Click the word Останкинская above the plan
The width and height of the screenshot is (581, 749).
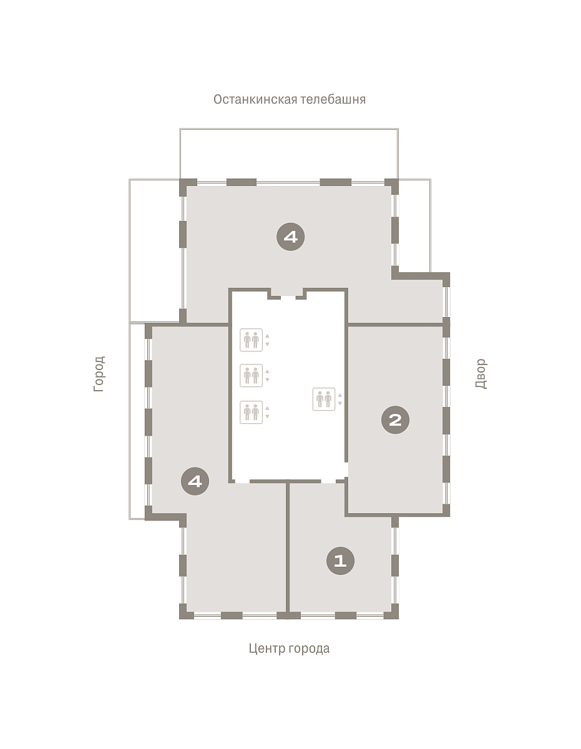click(x=255, y=99)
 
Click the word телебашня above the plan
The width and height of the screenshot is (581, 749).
click(x=333, y=99)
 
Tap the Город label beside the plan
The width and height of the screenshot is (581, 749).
click(x=99, y=374)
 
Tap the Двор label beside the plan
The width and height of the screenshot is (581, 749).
click(x=481, y=374)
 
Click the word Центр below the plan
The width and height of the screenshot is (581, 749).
click(x=267, y=649)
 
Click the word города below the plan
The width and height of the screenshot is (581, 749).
click(x=309, y=649)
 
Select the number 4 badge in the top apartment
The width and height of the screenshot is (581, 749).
click(x=291, y=237)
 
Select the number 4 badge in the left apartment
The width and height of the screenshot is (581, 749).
click(x=195, y=481)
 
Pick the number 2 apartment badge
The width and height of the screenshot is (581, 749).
click(x=395, y=420)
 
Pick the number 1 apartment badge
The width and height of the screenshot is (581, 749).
click(x=341, y=561)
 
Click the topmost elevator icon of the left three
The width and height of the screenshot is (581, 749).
click(x=251, y=340)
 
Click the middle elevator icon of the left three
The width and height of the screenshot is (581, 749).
click(x=251, y=375)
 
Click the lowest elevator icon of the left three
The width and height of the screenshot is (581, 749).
click(x=251, y=412)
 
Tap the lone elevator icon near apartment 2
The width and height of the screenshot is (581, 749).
click(x=324, y=399)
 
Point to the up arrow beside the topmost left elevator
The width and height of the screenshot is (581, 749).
click(x=268, y=336)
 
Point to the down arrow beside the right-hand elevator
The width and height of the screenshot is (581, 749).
click(x=340, y=403)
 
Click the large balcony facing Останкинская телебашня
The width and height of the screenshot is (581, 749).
click(x=289, y=154)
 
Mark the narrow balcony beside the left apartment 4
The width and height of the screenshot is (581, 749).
click(x=137, y=421)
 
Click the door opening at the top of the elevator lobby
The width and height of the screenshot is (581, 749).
click(x=288, y=297)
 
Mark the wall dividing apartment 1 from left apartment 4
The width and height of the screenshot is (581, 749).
click(x=288, y=548)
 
